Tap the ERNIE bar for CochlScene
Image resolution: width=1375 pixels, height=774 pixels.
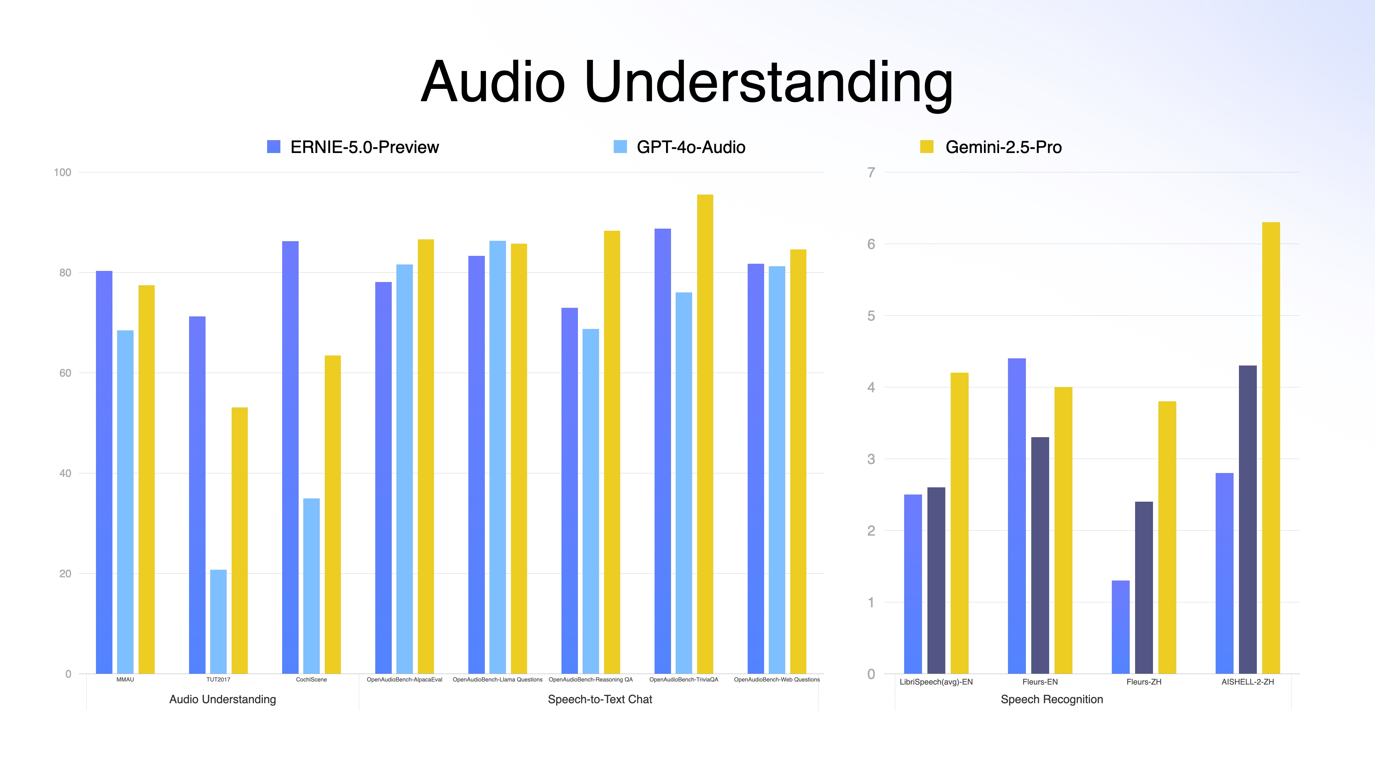(x=290, y=457)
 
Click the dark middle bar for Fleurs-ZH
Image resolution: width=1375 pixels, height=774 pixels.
(x=1144, y=588)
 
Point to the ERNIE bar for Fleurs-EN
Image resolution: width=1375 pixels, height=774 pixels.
(x=1017, y=516)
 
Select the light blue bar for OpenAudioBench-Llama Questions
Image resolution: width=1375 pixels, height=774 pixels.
(x=497, y=457)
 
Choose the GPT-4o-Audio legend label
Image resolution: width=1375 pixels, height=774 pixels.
(x=691, y=147)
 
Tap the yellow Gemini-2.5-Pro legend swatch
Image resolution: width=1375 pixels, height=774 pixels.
(x=927, y=147)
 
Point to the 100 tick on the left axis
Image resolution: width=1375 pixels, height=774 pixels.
(x=62, y=172)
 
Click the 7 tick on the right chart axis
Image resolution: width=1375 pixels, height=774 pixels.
(x=871, y=172)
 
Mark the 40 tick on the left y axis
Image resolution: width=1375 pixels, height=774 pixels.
(x=64, y=473)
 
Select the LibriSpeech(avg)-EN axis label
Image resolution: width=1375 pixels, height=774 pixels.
(x=936, y=682)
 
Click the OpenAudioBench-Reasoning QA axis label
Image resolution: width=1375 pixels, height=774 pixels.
(x=590, y=679)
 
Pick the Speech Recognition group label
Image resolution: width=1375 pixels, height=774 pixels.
(x=1052, y=699)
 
